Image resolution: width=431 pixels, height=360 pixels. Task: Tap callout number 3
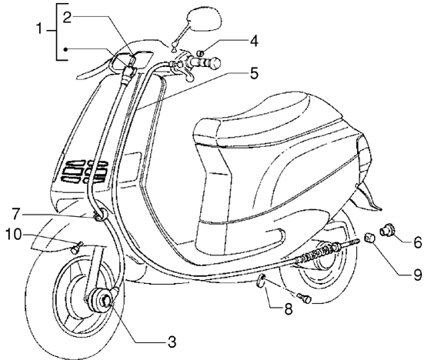[x=172, y=340]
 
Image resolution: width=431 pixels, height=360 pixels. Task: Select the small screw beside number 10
[x=75, y=247]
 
